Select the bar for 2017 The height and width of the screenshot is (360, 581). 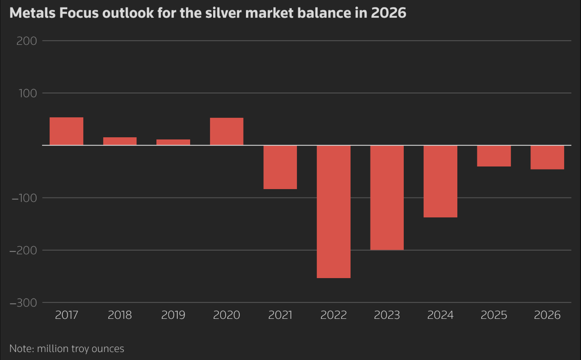[66, 131]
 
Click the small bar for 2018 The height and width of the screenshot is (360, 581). [120, 141]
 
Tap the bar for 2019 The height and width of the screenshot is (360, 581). [173, 142]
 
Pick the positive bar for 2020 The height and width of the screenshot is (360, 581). [227, 132]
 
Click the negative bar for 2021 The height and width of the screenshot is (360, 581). [280, 167]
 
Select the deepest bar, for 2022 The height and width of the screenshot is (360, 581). [334, 212]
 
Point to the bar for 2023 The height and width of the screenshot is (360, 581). [387, 198]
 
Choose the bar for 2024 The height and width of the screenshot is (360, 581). [441, 182]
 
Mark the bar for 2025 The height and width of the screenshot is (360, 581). [494, 156]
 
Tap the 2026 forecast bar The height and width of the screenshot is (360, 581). [547, 157]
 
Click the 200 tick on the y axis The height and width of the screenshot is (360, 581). [27, 41]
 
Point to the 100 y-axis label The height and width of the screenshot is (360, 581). [28, 93]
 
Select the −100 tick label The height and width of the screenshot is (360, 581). [24, 198]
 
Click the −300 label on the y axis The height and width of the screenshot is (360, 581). [23, 303]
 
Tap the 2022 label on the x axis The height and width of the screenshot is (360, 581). [334, 315]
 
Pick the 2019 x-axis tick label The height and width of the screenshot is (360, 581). [173, 315]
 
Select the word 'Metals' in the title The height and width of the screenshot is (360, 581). [32, 13]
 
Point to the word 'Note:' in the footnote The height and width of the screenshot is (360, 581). [22, 348]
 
